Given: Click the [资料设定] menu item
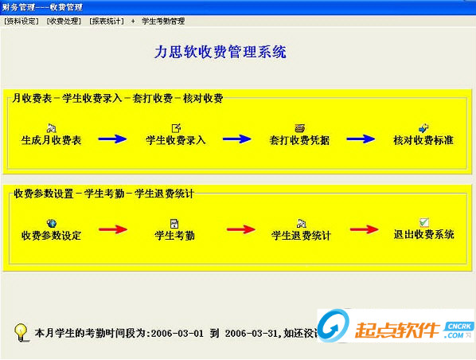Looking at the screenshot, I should tap(21, 20).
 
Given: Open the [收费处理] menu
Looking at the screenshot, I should tap(64, 20).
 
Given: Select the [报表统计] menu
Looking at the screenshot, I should tap(107, 20).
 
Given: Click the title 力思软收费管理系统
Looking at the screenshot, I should tap(220, 53).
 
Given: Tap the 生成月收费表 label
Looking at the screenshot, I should tap(51, 139).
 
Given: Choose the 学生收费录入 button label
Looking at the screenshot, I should tap(176, 139).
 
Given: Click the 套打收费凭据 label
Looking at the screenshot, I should tap(299, 139).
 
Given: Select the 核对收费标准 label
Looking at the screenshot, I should tap(423, 139).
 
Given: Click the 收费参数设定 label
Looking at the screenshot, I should tap(51, 235).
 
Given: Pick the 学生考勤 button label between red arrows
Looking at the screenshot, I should tap(175, 235).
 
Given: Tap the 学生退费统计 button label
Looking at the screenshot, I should tap(301, 235).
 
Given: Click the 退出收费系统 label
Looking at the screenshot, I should tap(424, 235).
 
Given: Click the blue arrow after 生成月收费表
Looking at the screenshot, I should tap(112, 139).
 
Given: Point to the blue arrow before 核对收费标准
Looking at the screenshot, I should tap(361, 139).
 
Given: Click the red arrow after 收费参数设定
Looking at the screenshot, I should tap(112, 231).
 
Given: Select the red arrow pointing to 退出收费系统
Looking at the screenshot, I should tap(364, 231).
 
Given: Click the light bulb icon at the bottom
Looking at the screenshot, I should tap(21, 330).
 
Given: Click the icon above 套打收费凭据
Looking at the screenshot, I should tap(299, 127).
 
